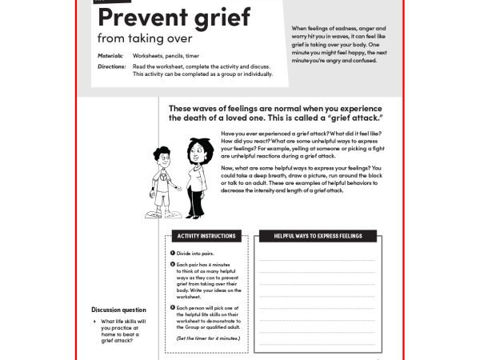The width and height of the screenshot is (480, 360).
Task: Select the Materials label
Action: [113, 56]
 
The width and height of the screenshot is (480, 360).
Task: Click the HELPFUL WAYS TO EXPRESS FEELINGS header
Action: [318, 236]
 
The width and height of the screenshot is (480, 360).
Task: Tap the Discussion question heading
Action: [118, 310]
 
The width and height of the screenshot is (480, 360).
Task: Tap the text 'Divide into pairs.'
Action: [197, 253]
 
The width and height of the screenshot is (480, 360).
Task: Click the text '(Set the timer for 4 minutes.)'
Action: [208, 338]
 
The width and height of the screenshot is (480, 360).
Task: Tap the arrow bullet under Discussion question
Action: [94, 322]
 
